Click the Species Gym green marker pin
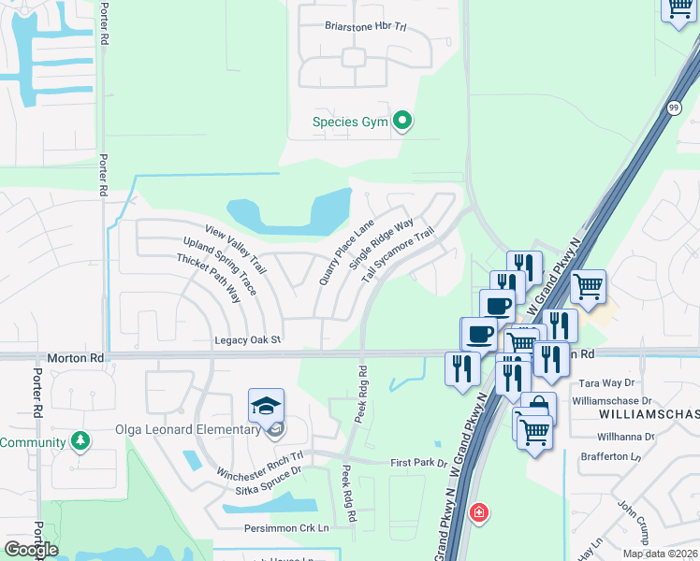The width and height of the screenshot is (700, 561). coord(402,122)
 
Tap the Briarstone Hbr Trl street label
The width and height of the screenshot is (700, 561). coord(365,27)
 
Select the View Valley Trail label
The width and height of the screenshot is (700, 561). coord(237,251)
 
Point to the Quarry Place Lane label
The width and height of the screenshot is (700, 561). coord(346,251)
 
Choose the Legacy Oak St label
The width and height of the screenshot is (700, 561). coord(248,340)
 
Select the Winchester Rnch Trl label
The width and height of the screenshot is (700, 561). coord(260,464)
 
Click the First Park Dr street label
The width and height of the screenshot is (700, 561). coord(419,462)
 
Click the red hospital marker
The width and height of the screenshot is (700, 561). coord(479,512)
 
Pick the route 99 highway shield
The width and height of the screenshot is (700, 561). coord(675,108)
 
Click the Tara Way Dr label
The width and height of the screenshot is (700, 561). coord(607,383)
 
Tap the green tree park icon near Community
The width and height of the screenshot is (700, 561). coord(80,439)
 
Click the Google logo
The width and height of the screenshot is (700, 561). coord(31,550)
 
